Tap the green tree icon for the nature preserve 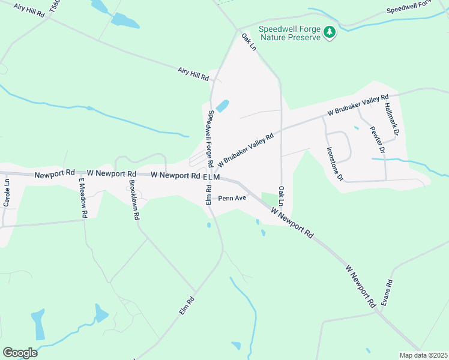point(329,32)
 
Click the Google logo point(20,353)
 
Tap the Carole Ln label point(7,193)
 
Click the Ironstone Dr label point(334,164)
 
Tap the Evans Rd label point(390,292)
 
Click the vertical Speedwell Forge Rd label point(211,139)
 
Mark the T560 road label point(55,7)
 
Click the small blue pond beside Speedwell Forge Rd point(222,106)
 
